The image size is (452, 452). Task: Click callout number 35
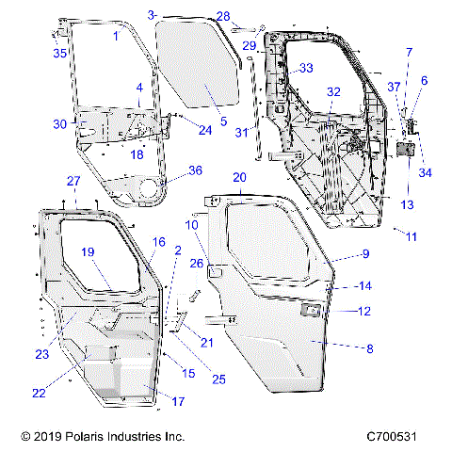coord(59,54)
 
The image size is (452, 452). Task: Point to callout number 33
coord(306,69)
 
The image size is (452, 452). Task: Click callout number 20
coord(239,177)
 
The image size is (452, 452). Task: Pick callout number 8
coord(369,348)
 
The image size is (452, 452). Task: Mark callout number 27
coord(73,180)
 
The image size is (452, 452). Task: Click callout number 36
coord(195,170)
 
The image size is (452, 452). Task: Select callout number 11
coord(411,236)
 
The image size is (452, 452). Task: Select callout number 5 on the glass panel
coord(223,121)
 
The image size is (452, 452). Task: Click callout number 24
coord(205,130)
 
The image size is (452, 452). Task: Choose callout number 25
coord(218,379)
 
